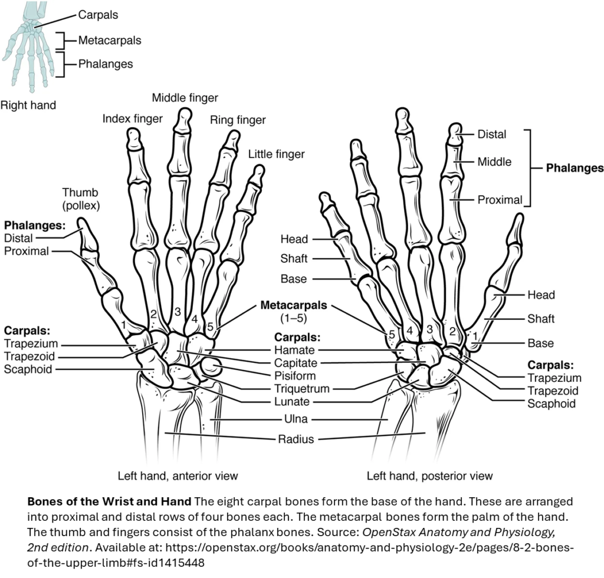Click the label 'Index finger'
(x=132, y=118)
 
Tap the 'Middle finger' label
(x=185, y=97)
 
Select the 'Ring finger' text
(x=238, y=120)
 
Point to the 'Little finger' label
(x=276, y=154)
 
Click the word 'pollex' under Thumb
(x=81, y=206)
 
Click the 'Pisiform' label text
(x=295, y=376)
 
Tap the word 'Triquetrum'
(x=301, y=389)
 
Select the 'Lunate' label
(x=291, y=402)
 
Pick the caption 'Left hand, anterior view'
(x=178, y=475)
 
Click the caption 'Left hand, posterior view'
(x=429, y=475)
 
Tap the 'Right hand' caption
(x=28, y=105)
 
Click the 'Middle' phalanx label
(x=494, y=161)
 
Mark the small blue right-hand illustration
(x=29, y=47)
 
